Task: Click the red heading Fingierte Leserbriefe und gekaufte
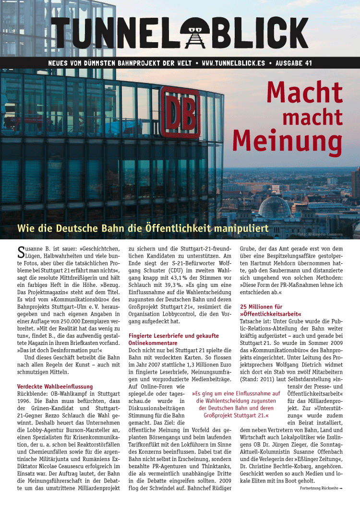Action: pos(174,336)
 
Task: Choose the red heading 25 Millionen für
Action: pos(261,306)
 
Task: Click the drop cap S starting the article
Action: pos(21,252)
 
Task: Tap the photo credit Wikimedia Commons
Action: pos(333,235)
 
